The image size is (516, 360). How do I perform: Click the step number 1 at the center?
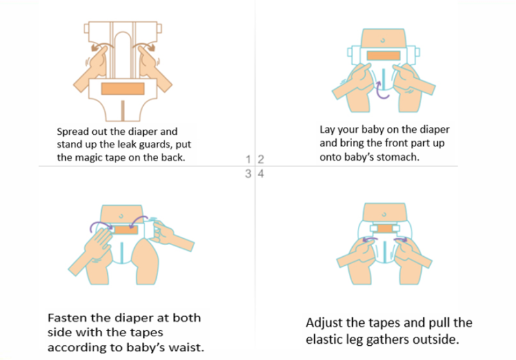[x=248, y=159]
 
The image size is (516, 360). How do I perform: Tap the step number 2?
[x=261, y=159]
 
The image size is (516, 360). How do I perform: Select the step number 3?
[x=248, y=174]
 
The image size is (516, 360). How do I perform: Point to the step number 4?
[x=261, y=174]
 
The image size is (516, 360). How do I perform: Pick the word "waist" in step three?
[x=184, y=347]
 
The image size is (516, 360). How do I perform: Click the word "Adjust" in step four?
[x=324, y=323]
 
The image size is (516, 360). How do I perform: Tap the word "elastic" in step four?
[x=324, y=339]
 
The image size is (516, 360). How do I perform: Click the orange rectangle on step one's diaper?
[x=123, y=89]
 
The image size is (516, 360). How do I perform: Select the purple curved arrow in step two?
[x=382, y=90]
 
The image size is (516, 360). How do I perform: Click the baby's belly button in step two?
[x=382, y=41]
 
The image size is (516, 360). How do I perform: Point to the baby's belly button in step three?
[x=121, y=216]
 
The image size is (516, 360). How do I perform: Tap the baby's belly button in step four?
[x=384, y=215]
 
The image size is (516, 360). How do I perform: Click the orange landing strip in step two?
[x=383, y=55]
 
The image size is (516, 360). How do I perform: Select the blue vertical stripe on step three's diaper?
[x=122, y=253]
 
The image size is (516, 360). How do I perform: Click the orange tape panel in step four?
[x=384, y=228]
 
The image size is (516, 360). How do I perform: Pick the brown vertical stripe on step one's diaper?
[x=123, y=110]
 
